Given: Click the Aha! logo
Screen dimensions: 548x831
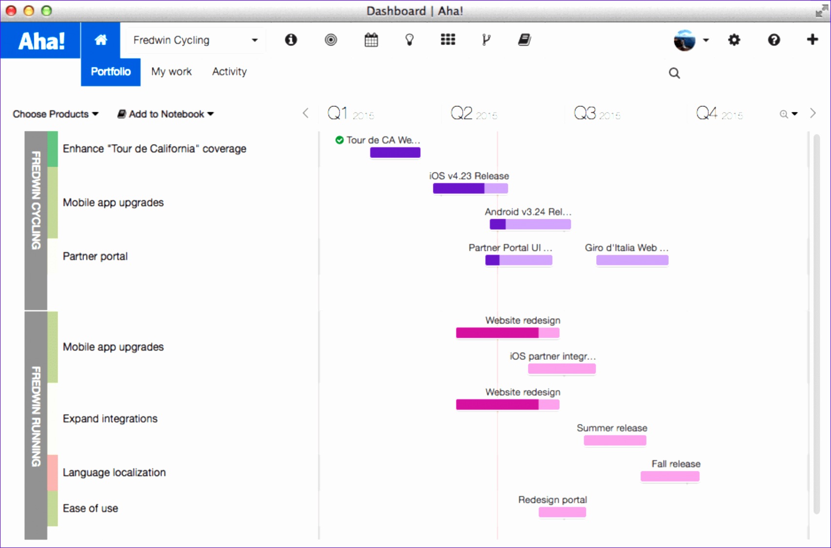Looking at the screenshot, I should pyautogui.click(x=41, y=40).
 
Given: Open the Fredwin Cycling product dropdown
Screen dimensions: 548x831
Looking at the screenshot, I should pyautogui.click(x=195, y=40).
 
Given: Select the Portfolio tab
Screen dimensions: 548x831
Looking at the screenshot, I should pyautogui.click(x=111, y=72).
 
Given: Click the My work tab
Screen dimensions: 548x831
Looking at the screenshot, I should pyautogui.click(x=171, y=72).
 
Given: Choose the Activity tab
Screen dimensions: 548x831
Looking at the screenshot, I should pyautogui.click(x=229, y=72).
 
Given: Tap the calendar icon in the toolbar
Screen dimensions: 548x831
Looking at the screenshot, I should pyautogui.click(x=371, y=40).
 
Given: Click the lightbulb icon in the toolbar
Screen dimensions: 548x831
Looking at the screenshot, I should pyautogui.click(x=410, y=40).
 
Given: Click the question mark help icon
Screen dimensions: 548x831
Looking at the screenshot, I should pyautogui.click(x=774, y=40).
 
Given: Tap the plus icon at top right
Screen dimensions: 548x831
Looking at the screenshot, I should pyautogui.click(x=812, y=39).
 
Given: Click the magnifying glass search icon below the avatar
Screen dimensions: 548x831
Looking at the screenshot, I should pyautogui.click(x=674, y=73).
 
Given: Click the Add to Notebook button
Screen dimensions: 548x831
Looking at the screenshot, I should pyautogui.click(x=166, y=114).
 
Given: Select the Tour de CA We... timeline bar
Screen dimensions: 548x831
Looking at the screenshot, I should pyautogui.click(x=395, y=153).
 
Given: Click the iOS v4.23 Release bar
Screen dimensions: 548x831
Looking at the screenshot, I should pyautogui.click(x=470, y=189).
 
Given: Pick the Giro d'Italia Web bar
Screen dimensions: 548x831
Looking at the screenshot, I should pyautogui.click(x=632, y=260).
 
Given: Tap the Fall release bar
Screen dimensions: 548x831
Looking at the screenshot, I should pyautogui.click(x=670, y=476).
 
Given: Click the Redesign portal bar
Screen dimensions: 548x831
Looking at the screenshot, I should pyautogui.click(x=562, y=512).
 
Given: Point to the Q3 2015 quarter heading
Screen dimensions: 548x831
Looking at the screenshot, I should pyautogui.click(x=597, y=114).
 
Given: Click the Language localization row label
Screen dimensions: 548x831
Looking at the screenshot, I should pyautogui.click(x=114, y=472).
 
